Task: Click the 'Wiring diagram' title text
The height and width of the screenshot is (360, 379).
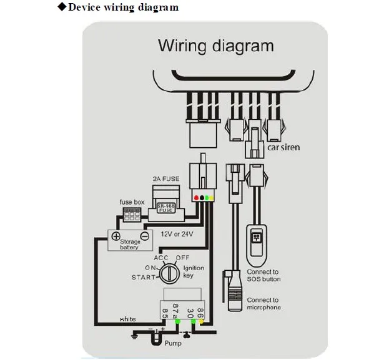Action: pos(215,46)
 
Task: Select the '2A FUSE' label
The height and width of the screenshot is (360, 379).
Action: pos(166,179)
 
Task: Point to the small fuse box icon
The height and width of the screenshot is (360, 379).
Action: pos(132,213)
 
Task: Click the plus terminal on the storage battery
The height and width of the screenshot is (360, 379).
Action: pos(116,236)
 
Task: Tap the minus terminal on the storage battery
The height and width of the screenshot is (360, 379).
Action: pos(144,236)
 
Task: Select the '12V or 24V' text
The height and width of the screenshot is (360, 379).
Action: pos(177,234)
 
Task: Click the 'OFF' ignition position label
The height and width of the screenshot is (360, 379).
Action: pos(182,258)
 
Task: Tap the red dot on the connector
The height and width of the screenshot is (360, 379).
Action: pos(197,198)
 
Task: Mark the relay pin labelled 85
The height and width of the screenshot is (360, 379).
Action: pos(165,309)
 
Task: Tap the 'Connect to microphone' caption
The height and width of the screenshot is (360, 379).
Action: pos(263,304)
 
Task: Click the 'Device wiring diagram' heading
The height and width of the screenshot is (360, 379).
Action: pos(123,7)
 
